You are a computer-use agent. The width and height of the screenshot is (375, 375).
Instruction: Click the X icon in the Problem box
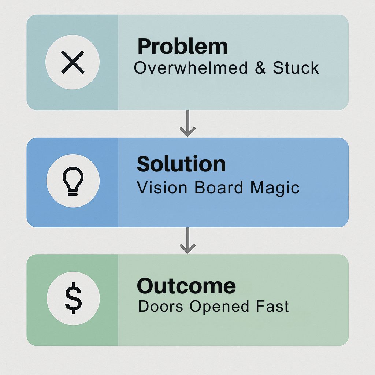(73, 62)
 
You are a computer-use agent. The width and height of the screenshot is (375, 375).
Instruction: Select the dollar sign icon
(73, 298)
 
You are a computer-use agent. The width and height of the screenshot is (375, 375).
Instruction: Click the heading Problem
(182, 47)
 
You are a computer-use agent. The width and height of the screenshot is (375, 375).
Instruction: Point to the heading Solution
(181, 164)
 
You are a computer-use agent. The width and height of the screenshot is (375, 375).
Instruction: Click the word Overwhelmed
(191, 67)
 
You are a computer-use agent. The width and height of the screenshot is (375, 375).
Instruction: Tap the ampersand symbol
(260, 68)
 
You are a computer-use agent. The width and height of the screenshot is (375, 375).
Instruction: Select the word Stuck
(296, 68)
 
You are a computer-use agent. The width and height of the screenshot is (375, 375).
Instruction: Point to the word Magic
(275, 188)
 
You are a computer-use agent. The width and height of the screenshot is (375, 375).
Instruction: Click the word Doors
(160, 306)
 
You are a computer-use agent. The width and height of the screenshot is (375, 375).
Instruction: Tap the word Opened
(219, 307)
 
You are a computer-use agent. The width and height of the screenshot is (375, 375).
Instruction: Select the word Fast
(272, 306)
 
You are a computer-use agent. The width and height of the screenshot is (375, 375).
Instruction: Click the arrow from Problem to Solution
(188, 123)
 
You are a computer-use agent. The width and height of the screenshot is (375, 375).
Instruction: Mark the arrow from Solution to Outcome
(188, 240)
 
